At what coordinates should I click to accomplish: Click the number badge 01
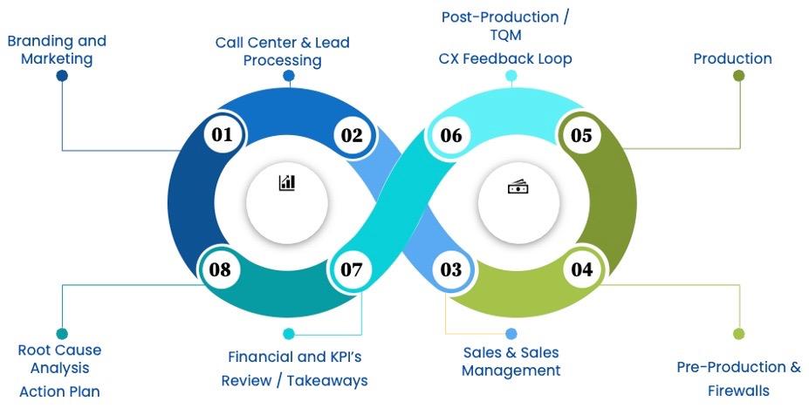(222, 135)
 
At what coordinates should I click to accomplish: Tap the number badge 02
(351, 135)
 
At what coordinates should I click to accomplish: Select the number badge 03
(450, 269)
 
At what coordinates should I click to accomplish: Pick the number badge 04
(581, 269)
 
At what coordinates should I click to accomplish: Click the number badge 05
(581, 135)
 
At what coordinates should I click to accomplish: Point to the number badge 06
(450, 135)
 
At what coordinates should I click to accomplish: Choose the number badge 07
(351, 269)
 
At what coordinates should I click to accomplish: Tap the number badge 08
(220, 269)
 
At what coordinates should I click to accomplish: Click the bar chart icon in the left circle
(287, 182)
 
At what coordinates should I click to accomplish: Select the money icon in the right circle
(518, 187)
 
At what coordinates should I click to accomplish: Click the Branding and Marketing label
(57, 50)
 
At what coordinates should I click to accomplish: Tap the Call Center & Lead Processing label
(282, 51)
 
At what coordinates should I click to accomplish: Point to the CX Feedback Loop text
(505, 59)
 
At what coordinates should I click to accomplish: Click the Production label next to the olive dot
(732, 59)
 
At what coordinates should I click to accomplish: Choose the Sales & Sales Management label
(511, 361)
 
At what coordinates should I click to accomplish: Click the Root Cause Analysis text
(59, 358)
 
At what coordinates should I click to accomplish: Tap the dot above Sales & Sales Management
(511, 333)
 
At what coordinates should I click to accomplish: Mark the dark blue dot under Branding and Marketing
(62, 76)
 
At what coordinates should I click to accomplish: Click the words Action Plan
(59, 391)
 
